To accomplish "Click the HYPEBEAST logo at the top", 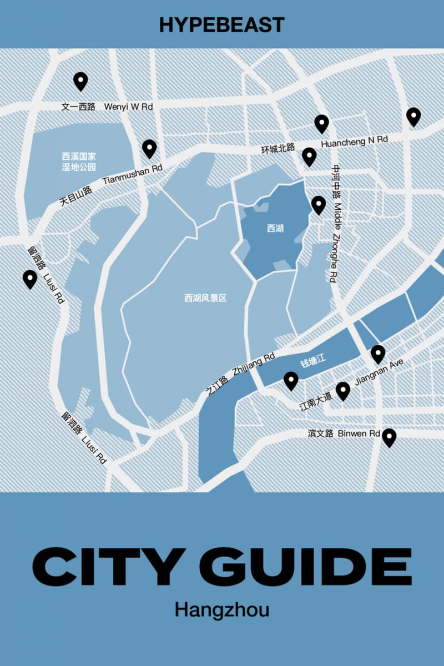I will coord(222,24).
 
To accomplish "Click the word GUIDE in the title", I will coord(304,565).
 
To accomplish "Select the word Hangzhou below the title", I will coord(222,609).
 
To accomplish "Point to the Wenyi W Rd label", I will coord(128,107).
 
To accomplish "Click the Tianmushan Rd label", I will coord(133,174).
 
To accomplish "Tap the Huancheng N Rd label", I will coord(355,141).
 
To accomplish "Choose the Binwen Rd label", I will coord(359,433).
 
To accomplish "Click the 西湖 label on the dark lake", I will coord(275,228).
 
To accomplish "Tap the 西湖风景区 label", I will coord(205,298).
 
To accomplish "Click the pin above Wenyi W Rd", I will coord(81,81).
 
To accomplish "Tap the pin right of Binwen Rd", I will coord(389,437).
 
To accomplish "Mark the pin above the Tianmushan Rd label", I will coord(149,148).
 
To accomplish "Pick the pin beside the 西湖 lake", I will coord(318,204).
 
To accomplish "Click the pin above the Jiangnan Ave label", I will coord(378,354).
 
